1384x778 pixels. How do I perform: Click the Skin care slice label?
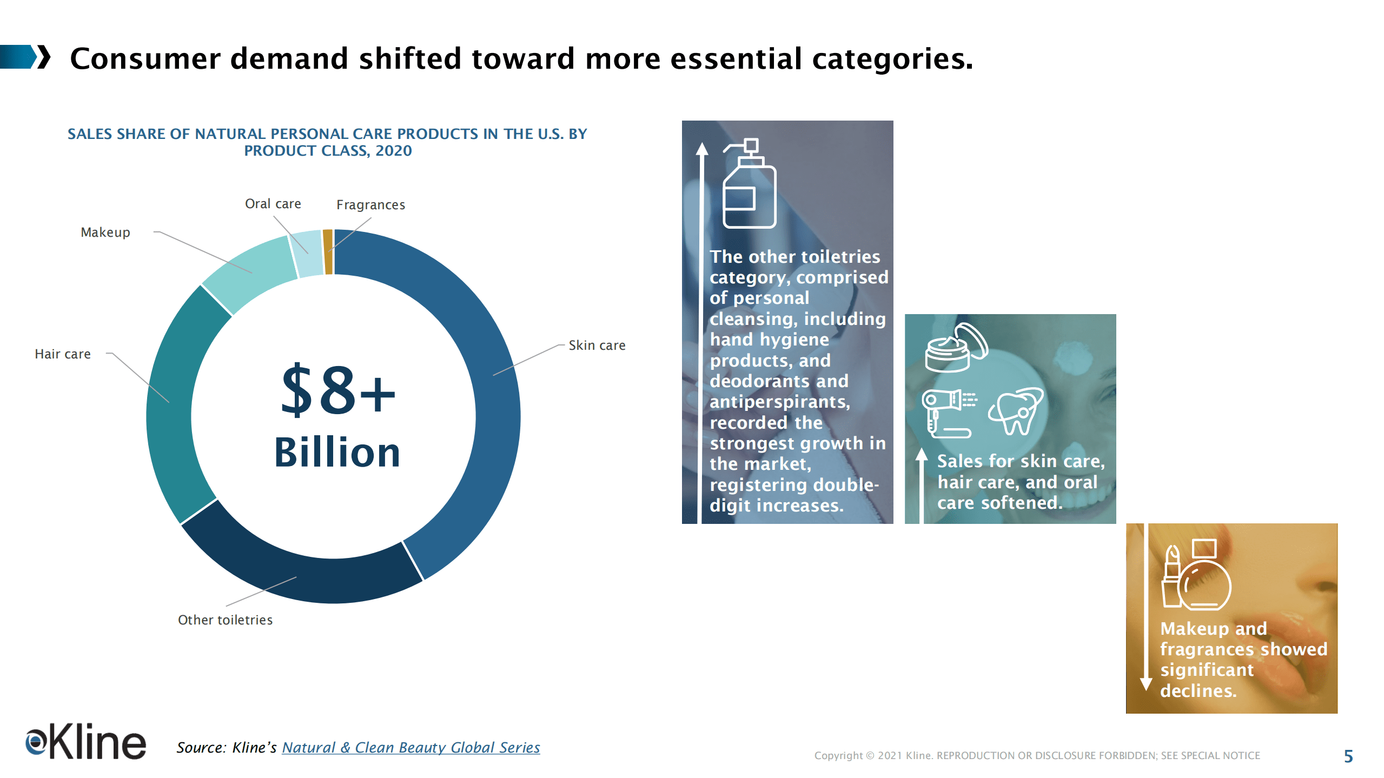pos(597,345)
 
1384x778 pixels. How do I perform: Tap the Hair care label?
pos(63,354)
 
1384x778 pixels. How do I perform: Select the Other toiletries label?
pos(225,620)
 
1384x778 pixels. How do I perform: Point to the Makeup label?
pos(105,232)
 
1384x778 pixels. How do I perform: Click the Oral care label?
pos(273,204)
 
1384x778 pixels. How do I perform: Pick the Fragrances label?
pos(370,205)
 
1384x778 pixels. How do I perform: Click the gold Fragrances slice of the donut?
pos(328,252)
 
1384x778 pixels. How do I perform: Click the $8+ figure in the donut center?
pos(338,390)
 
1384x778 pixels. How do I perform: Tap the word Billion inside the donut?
pos(337,453)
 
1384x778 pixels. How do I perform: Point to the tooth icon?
pos(1016,411)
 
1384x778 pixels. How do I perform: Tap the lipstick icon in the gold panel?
pos(1171,577)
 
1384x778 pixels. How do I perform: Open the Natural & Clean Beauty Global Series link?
pos(410,748)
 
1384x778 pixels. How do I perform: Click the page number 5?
pos(1348,756)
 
